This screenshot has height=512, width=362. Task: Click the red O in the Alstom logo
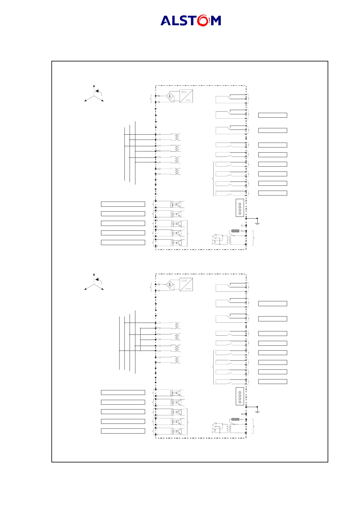pyautogui.click(x=204, y=20)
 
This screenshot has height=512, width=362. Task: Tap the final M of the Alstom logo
pyautogui.click(x=216, y=21)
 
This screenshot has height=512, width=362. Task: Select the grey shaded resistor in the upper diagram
pyautogui.click(x=235, y=231)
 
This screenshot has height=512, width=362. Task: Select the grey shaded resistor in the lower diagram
pyautogui.click(x=235, y=420)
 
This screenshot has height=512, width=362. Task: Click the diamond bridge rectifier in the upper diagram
pyautogui.click(x=170, y=97)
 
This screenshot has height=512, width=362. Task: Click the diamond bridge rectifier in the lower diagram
pyautogui.click(x=170, y=285)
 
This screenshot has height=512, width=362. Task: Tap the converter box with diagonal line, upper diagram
pyautogui.click(x=186, y=96)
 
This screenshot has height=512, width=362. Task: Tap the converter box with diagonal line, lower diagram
pyautogui.click(x=186, y=285)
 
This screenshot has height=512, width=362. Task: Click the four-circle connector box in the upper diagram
pyautogui.click(x=240, y=208)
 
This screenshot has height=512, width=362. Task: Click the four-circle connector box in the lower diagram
pyautogui.click(x=240, y=397)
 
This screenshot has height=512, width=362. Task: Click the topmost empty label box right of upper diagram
pyautogui.click(x=273, y=115)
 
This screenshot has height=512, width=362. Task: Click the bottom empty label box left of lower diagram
pyautogui.click(x=123, y=431)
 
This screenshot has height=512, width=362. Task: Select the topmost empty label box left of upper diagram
pyautogui.click(x=123, y=204)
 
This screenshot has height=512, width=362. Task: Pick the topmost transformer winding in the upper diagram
pyautogui.click(x=176, y=137)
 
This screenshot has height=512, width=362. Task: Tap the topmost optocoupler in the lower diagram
pyautogui.click(x=176, y=393)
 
